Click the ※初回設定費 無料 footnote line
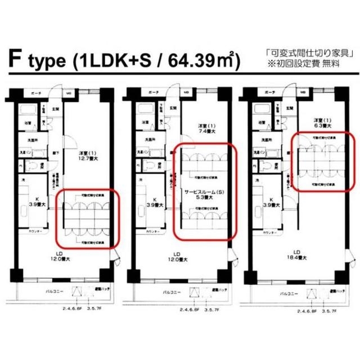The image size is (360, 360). tap(311, 64)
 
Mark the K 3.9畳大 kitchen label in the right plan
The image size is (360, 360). tap(271, 202)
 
